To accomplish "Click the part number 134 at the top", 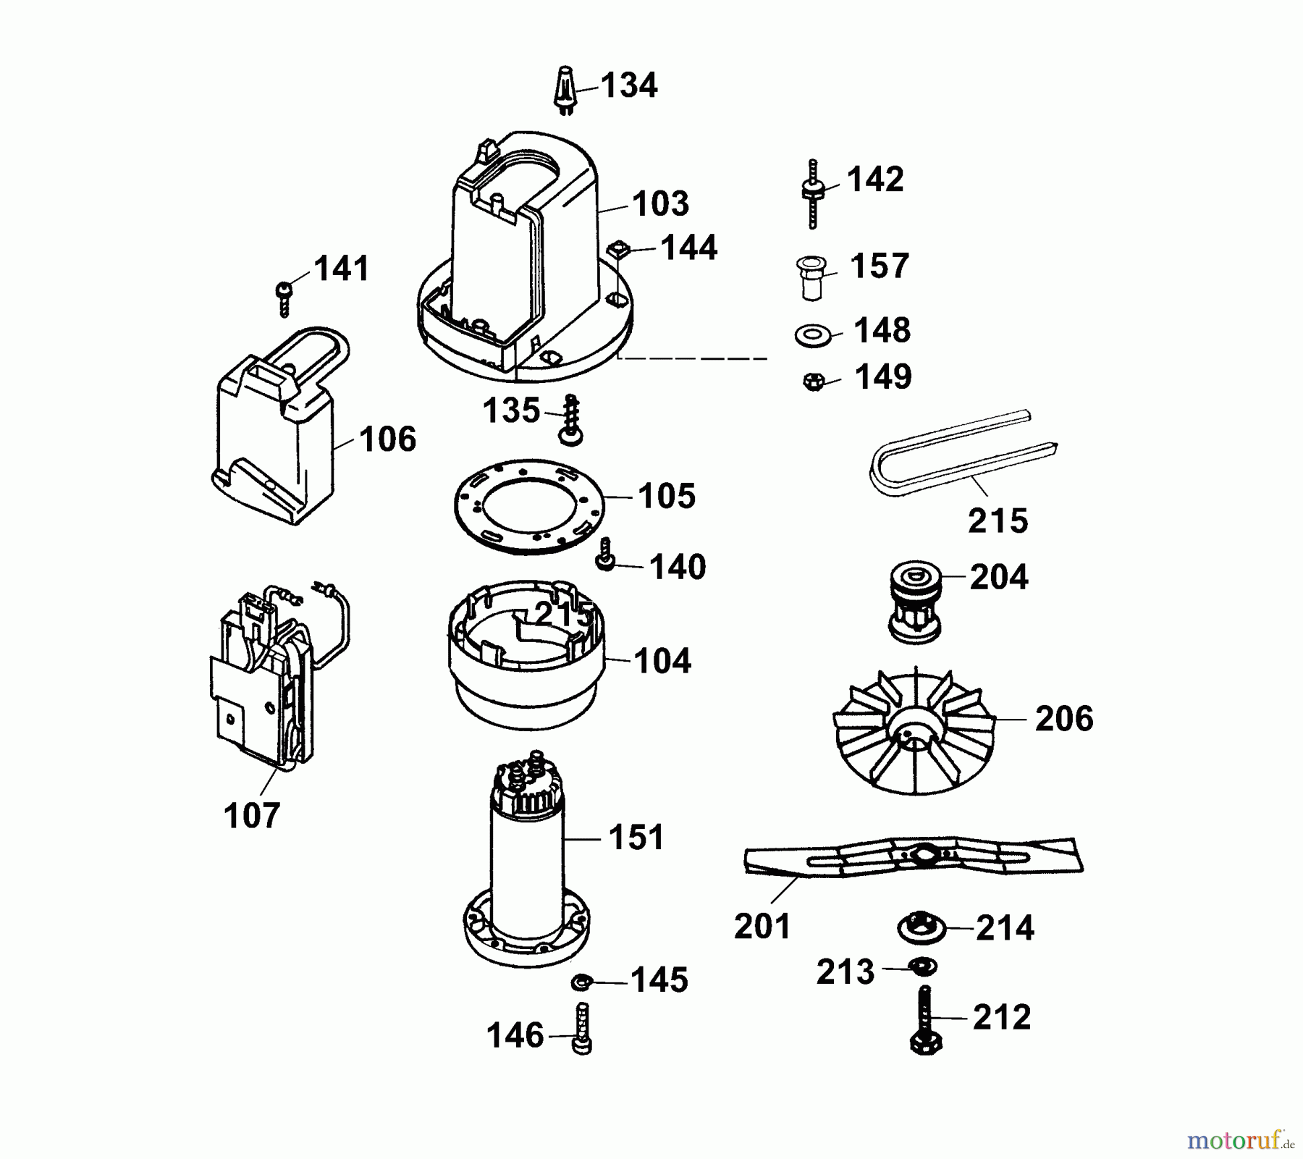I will (x=628, y=85).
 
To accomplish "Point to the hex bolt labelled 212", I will (x=924, y=1022).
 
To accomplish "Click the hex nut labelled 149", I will (x=814, y=382).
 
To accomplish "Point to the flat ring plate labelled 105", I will (x=528, y=506).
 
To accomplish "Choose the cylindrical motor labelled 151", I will (x=526, y=861).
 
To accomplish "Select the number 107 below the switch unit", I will (x=251, y=817).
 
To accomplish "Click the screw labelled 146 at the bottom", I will (x=583, y=1029).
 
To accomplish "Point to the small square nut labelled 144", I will (x=617, y=250).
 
